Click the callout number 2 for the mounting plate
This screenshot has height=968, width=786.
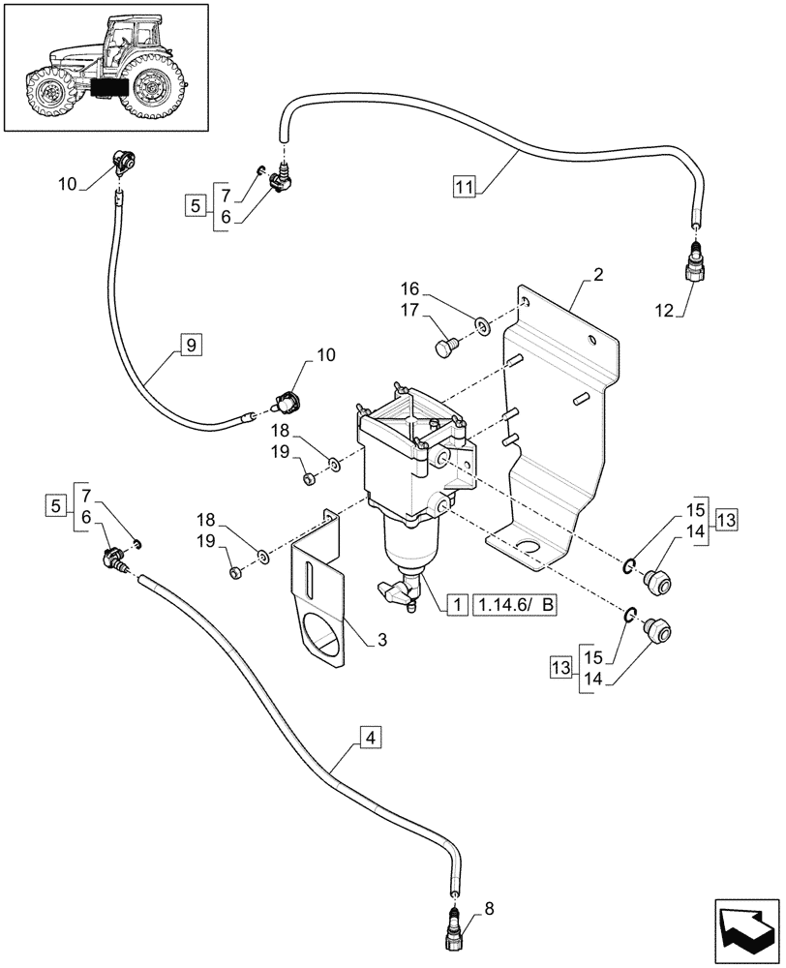(599, 277)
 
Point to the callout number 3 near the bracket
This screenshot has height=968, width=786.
(359, 639)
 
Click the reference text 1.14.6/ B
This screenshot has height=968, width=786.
(517, 606)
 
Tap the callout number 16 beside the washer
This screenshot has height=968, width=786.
(410, 288)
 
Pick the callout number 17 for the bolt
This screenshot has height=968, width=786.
(410, 310)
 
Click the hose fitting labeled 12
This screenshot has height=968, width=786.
(695, 261)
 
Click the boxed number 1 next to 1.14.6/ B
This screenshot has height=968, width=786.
(453, 606)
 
